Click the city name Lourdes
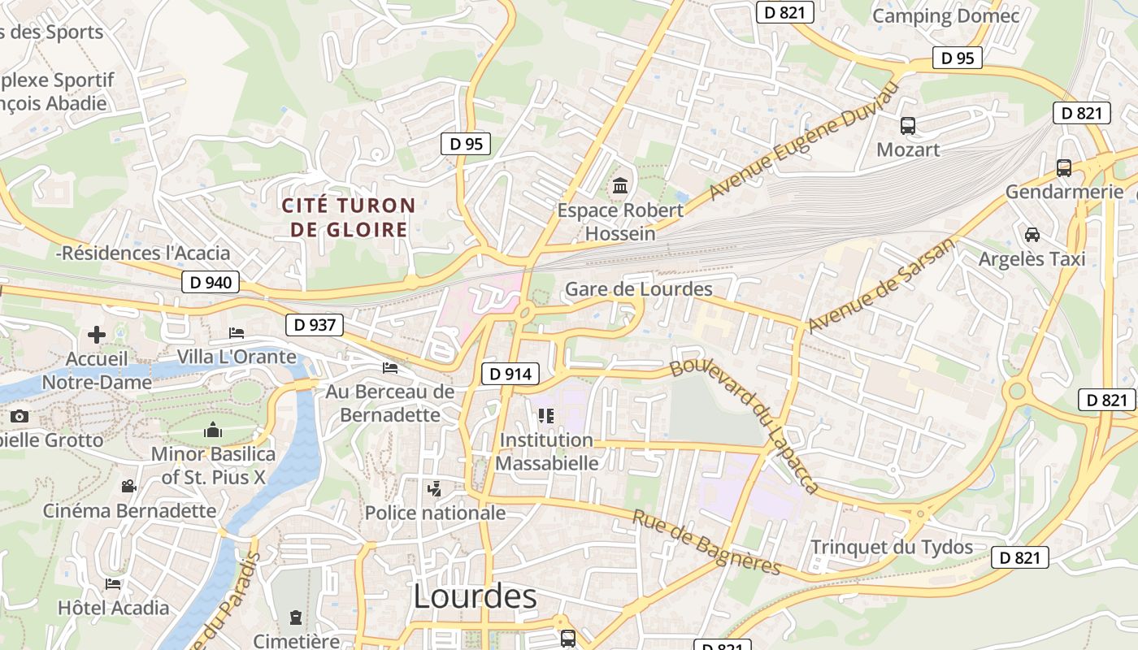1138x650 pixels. click(x=475, y=596)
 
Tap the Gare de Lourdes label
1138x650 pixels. click(x=638, y=289)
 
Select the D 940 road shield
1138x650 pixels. click(x=211, y=283)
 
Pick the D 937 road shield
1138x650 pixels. click(x=315, y=325)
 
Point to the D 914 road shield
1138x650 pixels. click(x=510, y=374)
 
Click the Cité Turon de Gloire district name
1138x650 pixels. click(x=349, y=218)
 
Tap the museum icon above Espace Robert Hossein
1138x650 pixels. click(x=620, y=186)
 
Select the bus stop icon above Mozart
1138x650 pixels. click(x=908, y=126)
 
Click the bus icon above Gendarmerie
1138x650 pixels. click(x=1063, y=168)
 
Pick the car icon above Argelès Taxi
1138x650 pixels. click(x=1032, y=235)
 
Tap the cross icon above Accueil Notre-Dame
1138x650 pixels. click(x=97, y=334)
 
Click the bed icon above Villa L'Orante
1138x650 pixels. click(x=237, y=333)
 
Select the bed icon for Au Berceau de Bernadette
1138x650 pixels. click(x=390, y=368)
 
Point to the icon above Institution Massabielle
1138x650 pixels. click(x=545, y=417)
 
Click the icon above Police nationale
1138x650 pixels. click(x=435, y=489)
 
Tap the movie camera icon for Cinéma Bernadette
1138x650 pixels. click(x=128, y=487)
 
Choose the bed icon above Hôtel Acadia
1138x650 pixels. click(x=113, y=583)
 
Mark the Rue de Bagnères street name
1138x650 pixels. click(x=706, y=542)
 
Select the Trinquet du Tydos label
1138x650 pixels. click(x=892, y=547)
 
